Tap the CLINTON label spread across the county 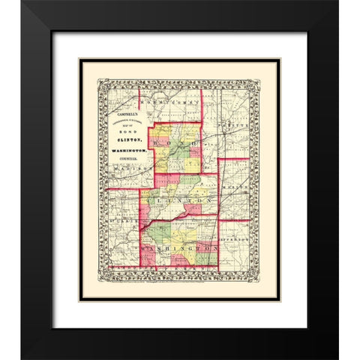point(180,202)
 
